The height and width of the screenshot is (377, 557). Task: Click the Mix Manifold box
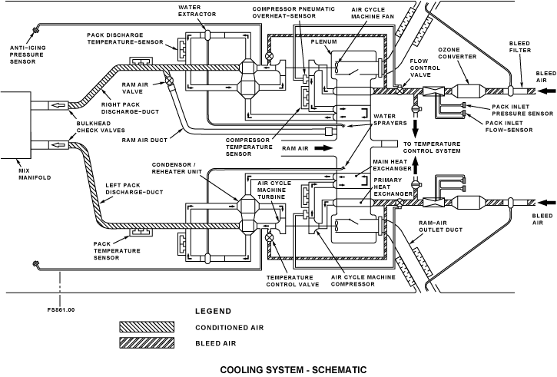[x=15, y=124]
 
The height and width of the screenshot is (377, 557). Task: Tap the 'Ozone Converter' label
[x=457, y=53]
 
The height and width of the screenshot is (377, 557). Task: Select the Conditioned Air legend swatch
[x=147, y=327]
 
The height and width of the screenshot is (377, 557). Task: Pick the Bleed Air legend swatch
[x=147, y=343]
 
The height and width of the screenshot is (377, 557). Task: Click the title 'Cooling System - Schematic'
[x=293, y=370]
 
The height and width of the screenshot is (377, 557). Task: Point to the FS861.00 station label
[x=61, y=309]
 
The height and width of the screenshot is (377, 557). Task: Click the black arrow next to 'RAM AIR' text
[x=323, y=148]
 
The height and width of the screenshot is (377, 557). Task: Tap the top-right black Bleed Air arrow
[x=546, y=91]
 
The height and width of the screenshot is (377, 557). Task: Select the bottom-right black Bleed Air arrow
[x=546, y=203]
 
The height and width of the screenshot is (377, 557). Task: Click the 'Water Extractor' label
[x=197, y=11]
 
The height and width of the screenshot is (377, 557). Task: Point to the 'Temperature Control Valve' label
[x=293, y=281]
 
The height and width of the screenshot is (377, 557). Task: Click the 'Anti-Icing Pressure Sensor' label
[x=28, y=55]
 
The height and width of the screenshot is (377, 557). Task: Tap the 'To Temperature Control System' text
[x=432, y=147]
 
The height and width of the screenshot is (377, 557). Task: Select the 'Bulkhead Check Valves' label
[x=101, y=127]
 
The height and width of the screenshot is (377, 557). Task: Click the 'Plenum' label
[x=324, y=41]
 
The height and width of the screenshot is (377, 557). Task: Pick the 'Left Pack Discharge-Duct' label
[x=134, y=189]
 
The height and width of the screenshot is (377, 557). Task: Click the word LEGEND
[x=213, y=311]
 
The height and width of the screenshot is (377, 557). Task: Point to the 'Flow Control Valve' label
[x=425, y=68]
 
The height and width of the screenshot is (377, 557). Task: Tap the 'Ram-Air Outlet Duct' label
[x=440, y=227]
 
